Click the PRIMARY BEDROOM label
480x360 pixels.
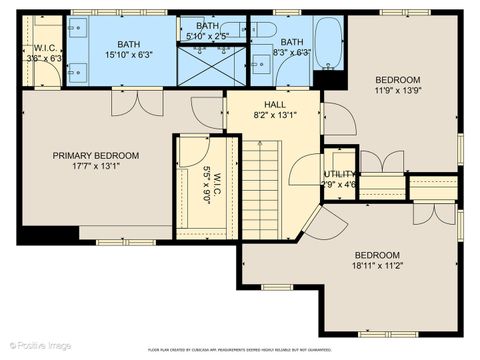click(96, 155)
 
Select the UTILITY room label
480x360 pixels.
click(340, 174)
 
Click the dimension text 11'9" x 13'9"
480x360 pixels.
click(398, 91)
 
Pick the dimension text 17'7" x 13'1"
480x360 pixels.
click(96, 167)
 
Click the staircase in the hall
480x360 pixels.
click(267, 186)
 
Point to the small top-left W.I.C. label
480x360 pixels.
click(44, 47)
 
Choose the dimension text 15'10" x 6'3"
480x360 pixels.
click(129, 56)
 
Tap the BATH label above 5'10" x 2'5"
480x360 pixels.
click(207, 26)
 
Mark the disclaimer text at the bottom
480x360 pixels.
click(240, 350)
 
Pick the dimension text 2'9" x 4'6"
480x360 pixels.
click(340, 184)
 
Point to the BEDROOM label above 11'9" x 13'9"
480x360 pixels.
click(398, 80)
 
